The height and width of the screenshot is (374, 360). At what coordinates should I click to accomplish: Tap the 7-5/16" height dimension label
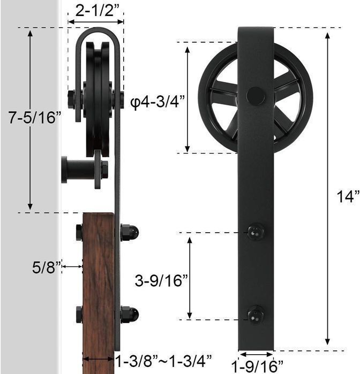(x=32, y=118)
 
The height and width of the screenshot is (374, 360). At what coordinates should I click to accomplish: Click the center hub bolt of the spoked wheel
(x=256, y=96)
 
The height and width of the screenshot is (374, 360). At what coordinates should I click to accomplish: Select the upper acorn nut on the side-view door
(x=130, y=233)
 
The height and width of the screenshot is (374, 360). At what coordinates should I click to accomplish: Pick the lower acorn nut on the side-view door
(x=130, y=314)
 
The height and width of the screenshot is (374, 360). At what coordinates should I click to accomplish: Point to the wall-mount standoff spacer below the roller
(x=75, y=170)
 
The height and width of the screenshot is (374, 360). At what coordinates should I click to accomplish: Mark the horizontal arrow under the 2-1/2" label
(x=96, y=22)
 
